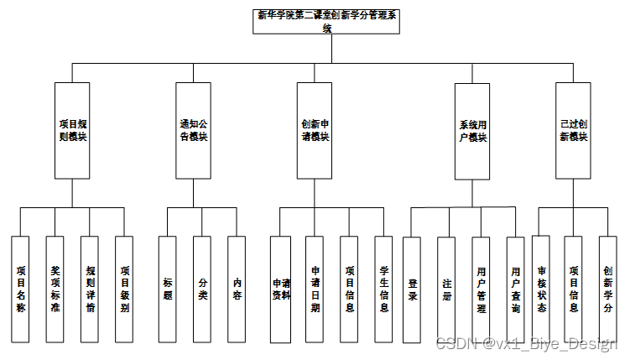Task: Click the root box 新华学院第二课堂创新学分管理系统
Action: click(x=328, y=21)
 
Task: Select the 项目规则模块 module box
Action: click(x=72, y=130)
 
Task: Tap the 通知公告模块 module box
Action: click(x=194, y=130)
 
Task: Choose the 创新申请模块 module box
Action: click(x=315, y=130)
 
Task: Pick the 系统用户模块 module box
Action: click(x=472, y=131)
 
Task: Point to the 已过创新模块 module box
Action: click(x=574, y=130)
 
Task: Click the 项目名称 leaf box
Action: click(x=20, y=289)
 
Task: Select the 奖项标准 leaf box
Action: click(x=55, y=289)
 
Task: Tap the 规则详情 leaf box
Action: click(x=90, y=289)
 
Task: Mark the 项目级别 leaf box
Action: click(x=124, y=289)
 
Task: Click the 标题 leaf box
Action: click(x=167, y=289)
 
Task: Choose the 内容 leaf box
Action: click(x=237, y=289)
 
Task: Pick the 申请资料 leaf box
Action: click(x=280, y=289)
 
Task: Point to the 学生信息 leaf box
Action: click(x=383, y=289)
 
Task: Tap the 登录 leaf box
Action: click(x=411, y=289)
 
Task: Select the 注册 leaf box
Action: click(x=446, y=289)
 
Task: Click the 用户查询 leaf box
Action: click(x=515, y=289)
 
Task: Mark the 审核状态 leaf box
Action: click(x=541, y=289)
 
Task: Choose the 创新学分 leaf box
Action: click(x=607, y=289)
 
